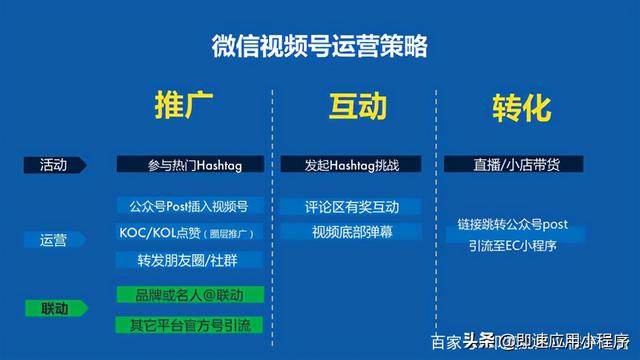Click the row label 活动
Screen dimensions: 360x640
pyautogui.click(x=54, y=164)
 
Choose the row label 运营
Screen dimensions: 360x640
pyautogui.click(x=54, y=240)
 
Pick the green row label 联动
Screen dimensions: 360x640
pyautogui.click(x=54, y=307)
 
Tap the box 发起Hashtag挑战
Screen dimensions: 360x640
pyautogui.click(x=351, y=164)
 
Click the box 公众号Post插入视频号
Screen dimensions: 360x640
pyautogui.click(x=189, y=207)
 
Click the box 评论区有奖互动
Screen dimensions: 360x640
pyautogui.click(x=351, y=207)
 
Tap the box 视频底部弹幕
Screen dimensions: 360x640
pyautogui.click(x=351, y=232)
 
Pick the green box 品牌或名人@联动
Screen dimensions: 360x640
pyautogui.click(x=189, y=295)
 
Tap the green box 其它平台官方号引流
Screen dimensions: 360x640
pyautogui.click(x=189, y=324)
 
